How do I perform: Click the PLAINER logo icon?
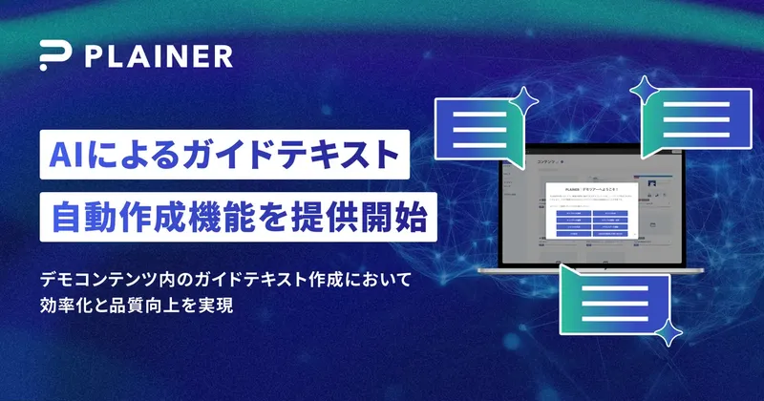tap(54, 56)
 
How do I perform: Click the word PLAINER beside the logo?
tap(158, 56)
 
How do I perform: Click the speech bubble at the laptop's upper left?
tap(473, 129)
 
